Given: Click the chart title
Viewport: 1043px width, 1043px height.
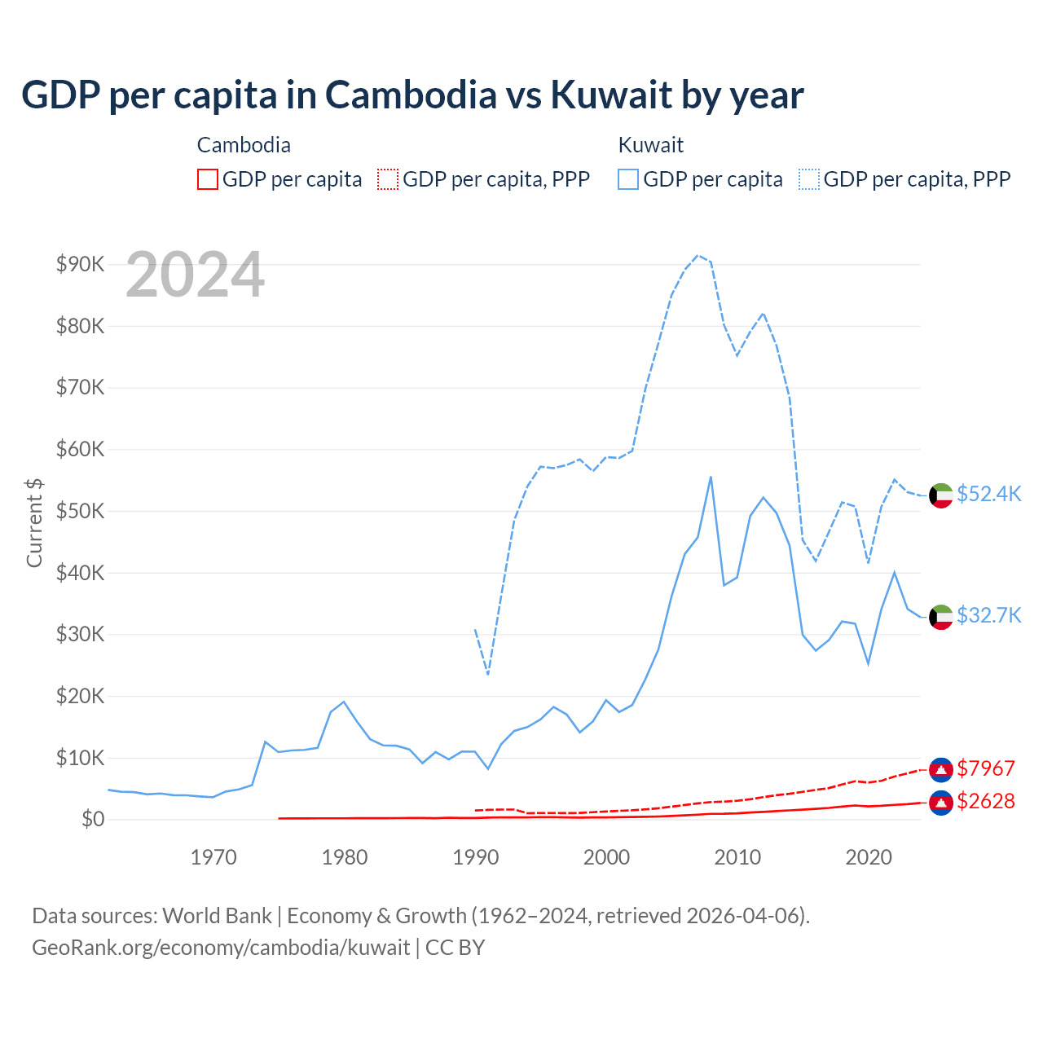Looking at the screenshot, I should click(412, 95).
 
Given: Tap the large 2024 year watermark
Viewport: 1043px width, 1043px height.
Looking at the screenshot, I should click(196, 275).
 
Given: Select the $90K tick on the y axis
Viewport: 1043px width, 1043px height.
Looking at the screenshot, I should click(80, 264).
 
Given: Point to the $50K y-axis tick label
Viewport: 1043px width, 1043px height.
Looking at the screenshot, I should click(80, 511).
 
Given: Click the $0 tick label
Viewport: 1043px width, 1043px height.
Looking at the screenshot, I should click(92, 819).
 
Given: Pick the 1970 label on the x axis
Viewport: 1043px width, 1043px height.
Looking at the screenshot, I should click(213, 857).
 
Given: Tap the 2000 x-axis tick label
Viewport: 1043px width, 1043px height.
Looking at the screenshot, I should click(607, 857).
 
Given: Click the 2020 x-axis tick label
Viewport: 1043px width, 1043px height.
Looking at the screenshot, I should click(869, 857).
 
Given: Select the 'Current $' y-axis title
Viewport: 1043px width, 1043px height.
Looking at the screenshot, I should click(34, 522).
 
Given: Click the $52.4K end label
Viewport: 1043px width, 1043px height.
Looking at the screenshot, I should click(988, 495).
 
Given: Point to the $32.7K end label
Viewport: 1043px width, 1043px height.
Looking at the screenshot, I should click(988, 615).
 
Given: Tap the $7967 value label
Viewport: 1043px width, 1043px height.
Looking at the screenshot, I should click(986, 768).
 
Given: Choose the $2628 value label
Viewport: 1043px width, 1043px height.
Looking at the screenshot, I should click(986, 801).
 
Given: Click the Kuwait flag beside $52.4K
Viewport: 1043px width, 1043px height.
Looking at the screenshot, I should click(941, 495).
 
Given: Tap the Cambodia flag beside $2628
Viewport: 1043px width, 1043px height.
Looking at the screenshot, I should click(941, 803).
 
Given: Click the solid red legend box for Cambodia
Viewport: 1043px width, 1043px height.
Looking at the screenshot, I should click(208, 179).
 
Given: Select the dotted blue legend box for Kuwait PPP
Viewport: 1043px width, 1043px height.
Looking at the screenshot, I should click(809, 179).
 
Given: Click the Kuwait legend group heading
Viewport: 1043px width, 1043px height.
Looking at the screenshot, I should click(650, 145).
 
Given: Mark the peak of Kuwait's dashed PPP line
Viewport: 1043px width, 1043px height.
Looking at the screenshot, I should click(698, 255).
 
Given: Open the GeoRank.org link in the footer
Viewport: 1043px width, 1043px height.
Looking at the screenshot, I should click(221, 948).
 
